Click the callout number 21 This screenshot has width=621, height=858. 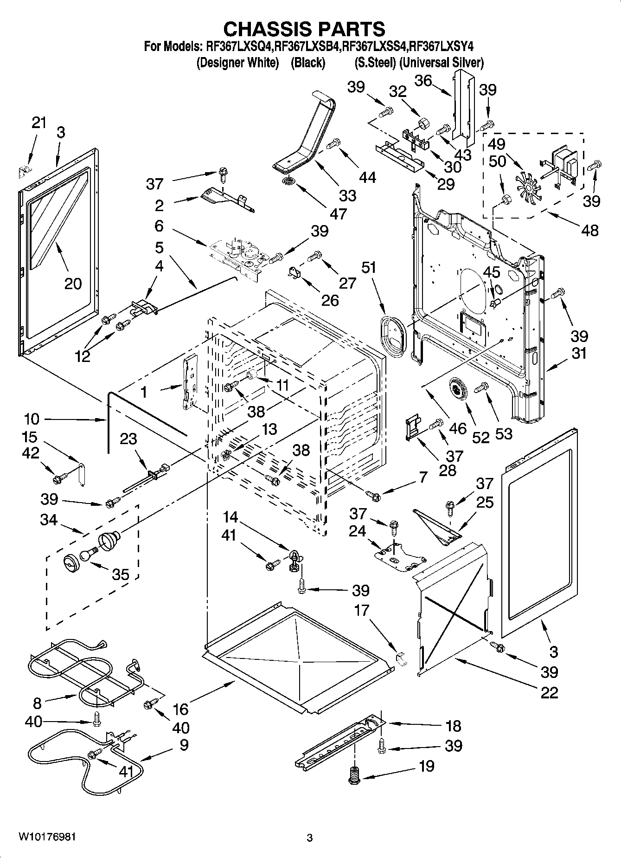(39, 123)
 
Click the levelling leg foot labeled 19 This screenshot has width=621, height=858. (355, 775)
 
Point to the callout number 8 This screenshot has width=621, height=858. (38, 703)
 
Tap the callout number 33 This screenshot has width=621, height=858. (347, 195)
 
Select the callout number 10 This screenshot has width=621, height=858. (32, 419)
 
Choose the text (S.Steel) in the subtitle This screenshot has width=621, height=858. (374, 63)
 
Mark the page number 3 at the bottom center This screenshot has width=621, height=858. (310, 838)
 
